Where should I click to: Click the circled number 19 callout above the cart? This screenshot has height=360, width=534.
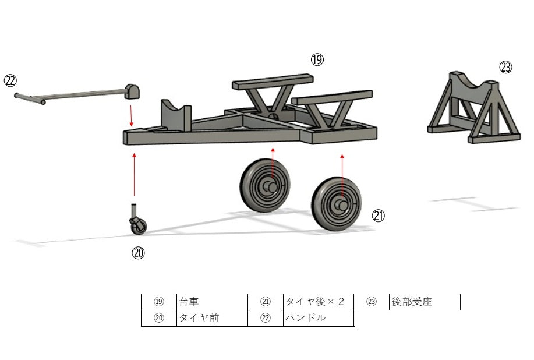click(x=317, y=59)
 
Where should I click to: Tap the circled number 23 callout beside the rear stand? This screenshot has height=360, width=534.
click(x=505, y=67)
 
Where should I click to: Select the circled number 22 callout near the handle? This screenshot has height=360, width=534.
click(x=10, y=81)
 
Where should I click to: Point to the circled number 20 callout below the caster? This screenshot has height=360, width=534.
click(x=138, y=253)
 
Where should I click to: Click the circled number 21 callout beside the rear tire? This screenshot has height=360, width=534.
click(x=379, y=216)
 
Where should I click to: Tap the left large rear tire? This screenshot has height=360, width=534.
click(x=265, y=186)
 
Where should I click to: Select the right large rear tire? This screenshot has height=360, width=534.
click(x=337, y=204)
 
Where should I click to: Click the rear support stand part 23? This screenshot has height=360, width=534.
click(x=473, y=107)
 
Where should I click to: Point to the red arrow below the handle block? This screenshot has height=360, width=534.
click(x=132, y=115)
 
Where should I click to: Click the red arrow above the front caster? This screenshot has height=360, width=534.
click(x=134, y=174)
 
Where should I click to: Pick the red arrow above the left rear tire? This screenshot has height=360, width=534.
click(x=273, y=164)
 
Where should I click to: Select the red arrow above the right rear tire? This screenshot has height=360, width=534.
click(x=342, y=176)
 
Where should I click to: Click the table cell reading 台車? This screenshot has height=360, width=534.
click(x=212, y=302)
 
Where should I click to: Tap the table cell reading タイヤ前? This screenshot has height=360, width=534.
click(x=212, y=318)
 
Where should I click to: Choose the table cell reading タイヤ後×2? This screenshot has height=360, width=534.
click(x=319, y=302)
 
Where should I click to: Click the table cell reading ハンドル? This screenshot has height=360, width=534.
click(x=319, y=318)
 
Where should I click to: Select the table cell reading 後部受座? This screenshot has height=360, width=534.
click(x=425, y=302)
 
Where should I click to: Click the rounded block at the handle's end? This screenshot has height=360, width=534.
click(x=132, y=91)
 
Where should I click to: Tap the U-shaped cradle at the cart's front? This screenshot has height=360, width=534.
click(x=176, y=115)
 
